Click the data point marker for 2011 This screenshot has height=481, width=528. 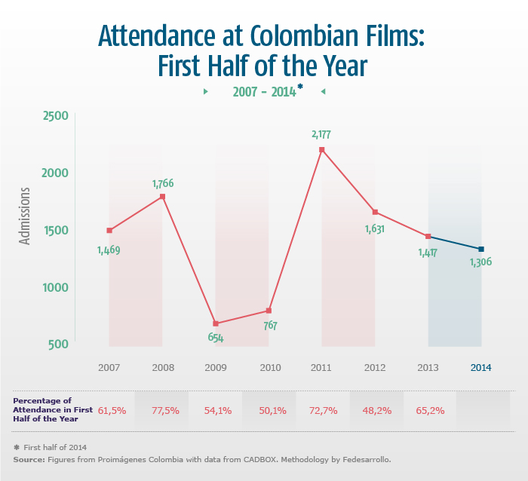(x=322, y=149)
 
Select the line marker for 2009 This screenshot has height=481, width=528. (x=216, y=323)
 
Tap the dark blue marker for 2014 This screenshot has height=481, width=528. (x=481, y=249)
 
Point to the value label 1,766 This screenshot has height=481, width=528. (x=164, y=183)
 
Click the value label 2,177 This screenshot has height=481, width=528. (x=321, y=135)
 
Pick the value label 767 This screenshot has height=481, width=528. (x=269, y=326)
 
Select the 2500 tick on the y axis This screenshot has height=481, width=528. (x=56, y=115)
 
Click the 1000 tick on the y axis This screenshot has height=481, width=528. (x=56, y=287)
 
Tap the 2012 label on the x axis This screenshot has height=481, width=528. (x=375, y=368)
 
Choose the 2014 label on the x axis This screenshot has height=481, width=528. (x=481, y=368)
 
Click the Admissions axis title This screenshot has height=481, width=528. (x=25, y=216)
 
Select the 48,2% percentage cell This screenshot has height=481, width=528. (x=375, y=410)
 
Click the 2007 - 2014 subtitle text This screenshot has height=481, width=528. (x=264, y=91)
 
